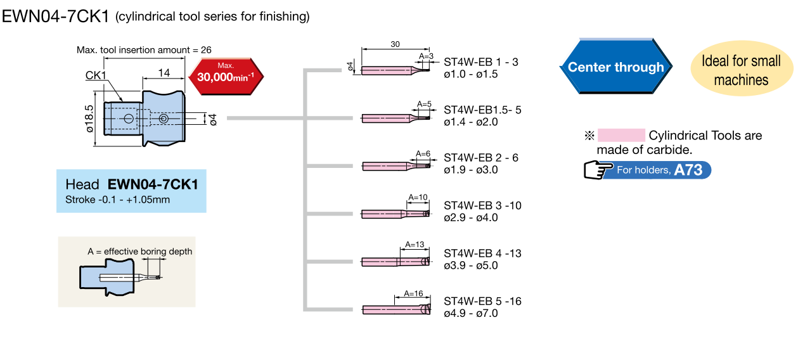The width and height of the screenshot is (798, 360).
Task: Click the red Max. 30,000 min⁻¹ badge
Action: click(x=226, y=76)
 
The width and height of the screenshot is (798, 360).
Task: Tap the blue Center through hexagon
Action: click(x=615, y=67)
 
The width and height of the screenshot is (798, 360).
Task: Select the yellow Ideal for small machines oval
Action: click(x=740, y=70)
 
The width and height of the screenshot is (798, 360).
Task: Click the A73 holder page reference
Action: click(x=688, y=170)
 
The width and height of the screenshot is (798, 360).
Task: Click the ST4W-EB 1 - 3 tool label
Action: click(x=481, y=62)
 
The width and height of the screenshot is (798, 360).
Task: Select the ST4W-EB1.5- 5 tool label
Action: click(x=482, y=110)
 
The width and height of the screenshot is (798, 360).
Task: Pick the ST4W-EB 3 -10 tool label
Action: click(x=482, y=205)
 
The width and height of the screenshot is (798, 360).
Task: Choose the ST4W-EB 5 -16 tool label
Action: click(x=482, y=301)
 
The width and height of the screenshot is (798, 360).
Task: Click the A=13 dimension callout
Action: click(x=414, y=245)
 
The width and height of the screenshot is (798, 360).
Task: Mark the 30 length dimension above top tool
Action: click(x=396, y=44)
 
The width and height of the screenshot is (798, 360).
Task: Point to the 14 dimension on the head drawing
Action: click(x=164, y=73)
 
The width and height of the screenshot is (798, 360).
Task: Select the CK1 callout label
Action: click(x=96, y=76)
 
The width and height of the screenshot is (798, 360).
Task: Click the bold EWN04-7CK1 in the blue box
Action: click(x=153, y=184)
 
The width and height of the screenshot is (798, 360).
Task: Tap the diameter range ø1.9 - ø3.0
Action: click(x=471, y=169)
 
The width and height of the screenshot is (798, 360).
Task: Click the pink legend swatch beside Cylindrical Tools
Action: click(x=621, y=136)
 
